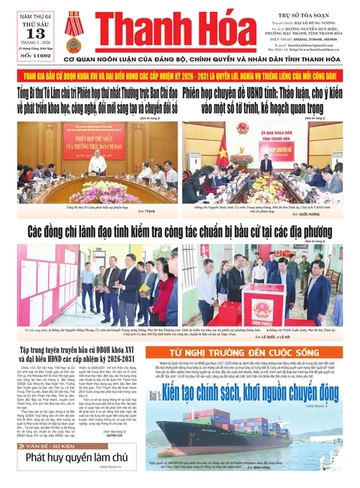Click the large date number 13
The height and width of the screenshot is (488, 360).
(19, 28)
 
